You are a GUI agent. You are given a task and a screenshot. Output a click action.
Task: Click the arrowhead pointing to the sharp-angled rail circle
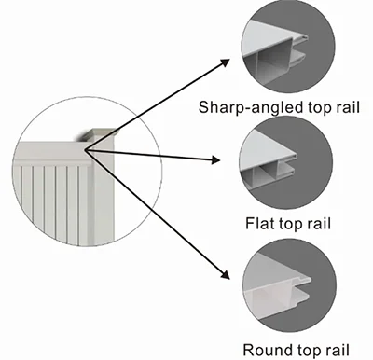228,61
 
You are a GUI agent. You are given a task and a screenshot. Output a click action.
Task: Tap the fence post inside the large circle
104,182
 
